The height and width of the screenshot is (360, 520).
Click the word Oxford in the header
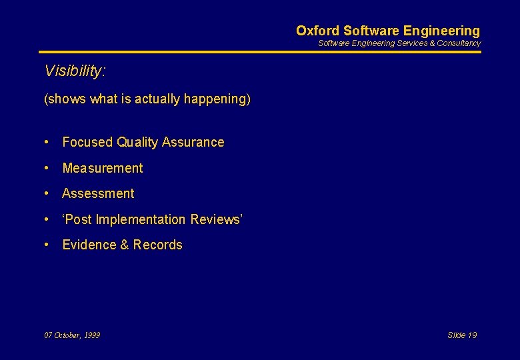tap(317, 31)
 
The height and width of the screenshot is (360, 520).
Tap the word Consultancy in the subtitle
tap(459, 43)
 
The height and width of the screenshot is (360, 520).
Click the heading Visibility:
tap(75, 71)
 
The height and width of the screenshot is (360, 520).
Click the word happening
tap(217, 99)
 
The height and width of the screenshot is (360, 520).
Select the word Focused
tap(87, 142)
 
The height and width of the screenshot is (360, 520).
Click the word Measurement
tap(103, 168)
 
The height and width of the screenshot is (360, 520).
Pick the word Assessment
tap(98, 194)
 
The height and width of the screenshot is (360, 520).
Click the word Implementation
tap(141, 219)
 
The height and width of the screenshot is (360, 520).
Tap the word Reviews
tap(215, 219)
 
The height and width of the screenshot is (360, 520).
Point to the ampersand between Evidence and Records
tap(124, 245)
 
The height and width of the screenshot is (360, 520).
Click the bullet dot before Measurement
tap(47, 168)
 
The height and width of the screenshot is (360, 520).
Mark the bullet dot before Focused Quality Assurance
tap(47, 142)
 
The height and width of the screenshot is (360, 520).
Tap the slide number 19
tap(471, 335)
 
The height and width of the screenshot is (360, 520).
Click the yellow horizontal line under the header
tap(259, 52)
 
